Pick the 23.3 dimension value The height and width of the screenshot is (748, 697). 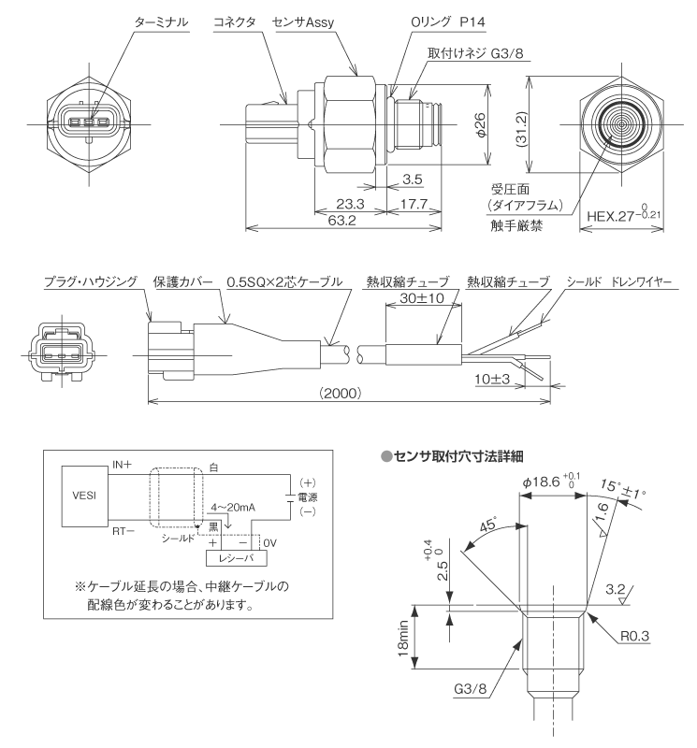tap(353, 203)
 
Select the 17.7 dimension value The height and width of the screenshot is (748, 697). tap(412, 203)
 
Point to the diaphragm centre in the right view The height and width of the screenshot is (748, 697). tap(621, 122)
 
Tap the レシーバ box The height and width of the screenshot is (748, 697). tap(236, 557)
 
